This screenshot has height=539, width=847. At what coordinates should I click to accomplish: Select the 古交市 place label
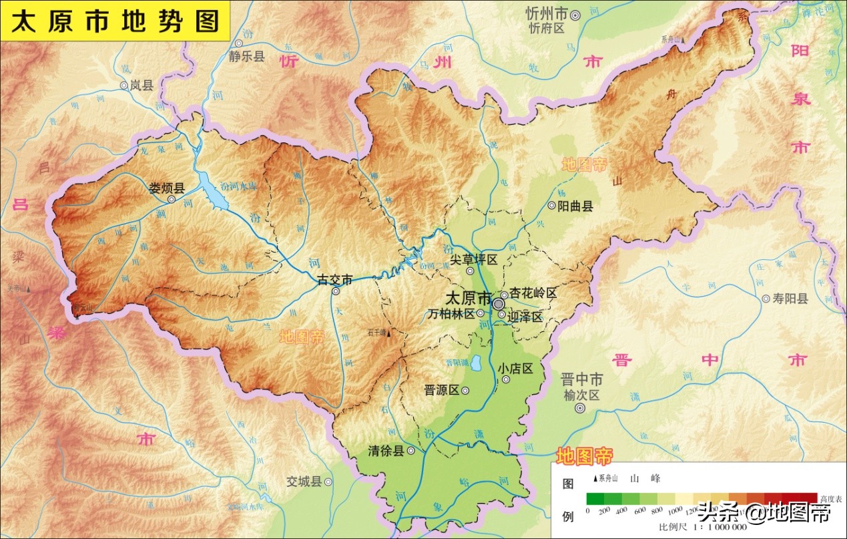click(x=334, y=279)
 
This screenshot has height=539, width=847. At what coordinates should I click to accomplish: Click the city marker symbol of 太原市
click(x=499, y=303)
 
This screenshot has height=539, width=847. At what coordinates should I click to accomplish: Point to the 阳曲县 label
click(x=575, y=206)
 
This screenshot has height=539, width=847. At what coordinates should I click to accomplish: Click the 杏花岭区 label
click(x=533, y=293)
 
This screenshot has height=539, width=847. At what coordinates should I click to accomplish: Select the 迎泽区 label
click(x=526, y=317)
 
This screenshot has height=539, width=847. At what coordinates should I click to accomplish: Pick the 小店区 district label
click(x=515, y=368)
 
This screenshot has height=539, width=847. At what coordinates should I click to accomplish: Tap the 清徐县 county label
click(x=386, y=451)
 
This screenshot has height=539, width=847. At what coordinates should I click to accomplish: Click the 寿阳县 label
click(x=790, y=299)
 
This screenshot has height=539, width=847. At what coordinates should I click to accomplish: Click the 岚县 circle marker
click(x=124, y=85)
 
